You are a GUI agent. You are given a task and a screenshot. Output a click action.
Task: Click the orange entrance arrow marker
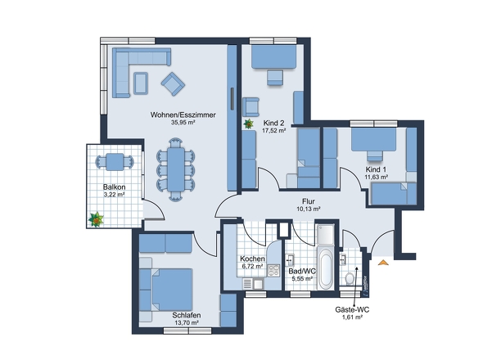(383, 263)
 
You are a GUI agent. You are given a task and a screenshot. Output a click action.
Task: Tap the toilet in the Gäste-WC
(350, 279)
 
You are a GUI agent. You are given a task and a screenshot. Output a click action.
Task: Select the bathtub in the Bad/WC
(325, 268)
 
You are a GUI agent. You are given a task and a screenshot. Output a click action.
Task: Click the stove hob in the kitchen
(273, 271)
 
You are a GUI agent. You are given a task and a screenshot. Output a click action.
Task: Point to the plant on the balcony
(96, 219)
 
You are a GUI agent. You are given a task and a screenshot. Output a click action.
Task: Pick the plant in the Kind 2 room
(248, 124)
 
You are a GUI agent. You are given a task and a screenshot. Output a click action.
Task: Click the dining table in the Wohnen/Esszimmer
(176, 169)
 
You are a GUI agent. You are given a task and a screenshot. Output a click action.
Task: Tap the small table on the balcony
(115, 162)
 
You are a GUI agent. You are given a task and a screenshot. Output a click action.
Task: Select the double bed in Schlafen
(172, 290)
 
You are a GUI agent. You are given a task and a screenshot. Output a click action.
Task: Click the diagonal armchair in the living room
(173, 84)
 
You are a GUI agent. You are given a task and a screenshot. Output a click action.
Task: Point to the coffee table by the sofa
(141, 83)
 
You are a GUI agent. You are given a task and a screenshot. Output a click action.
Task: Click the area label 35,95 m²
(183, 122)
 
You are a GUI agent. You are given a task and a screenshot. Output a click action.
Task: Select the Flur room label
(308, 201)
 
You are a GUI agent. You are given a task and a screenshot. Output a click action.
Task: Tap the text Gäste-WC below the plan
(352, 310)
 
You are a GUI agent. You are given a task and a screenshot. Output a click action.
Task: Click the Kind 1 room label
(376, 169)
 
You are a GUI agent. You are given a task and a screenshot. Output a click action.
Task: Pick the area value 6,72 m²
(252, 267)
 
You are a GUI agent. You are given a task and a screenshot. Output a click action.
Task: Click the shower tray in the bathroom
(325, 235)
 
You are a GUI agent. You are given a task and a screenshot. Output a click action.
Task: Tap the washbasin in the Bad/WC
(290, 260)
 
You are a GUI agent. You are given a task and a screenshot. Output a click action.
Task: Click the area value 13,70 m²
(186, 322)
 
